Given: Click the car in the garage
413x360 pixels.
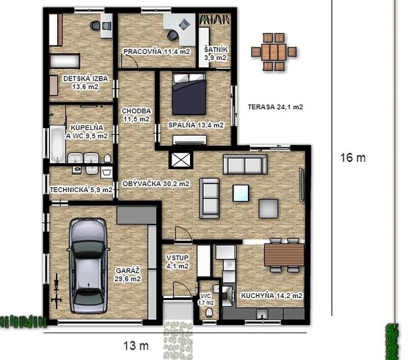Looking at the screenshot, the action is click(x=88, y=266).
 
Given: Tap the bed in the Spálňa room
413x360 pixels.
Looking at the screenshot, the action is click(x=189, y=94).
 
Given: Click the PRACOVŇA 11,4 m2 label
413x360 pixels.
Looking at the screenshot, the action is click(x=156, y=52).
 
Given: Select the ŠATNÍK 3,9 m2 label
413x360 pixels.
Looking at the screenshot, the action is click(x=215, y=54).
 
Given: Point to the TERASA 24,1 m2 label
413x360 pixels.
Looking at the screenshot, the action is click(x=275, y=107).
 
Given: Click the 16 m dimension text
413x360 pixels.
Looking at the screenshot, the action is click(x=353, y=158).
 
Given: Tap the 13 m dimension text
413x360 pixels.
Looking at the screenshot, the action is click(x=136, y=346).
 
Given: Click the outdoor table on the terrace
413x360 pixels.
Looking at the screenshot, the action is click(x=274, y=52).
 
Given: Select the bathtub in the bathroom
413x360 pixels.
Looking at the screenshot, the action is click(x=57, y=144).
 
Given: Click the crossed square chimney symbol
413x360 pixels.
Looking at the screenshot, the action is click(x=180, y=160).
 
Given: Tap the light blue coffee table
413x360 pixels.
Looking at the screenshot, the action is click(x=241, y=193).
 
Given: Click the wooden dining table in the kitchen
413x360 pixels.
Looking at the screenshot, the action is click(x=284, y=255).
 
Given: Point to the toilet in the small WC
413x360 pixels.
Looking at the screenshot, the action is click(x=209, y=313).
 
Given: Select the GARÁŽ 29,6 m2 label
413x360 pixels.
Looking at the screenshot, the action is click(x=128, y=275).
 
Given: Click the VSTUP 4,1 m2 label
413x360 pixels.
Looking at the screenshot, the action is click(x=178, y=262).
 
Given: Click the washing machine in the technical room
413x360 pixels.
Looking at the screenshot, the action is click(x=107, y=173).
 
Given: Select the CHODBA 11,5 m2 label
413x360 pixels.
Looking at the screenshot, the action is click(x=136, y=115).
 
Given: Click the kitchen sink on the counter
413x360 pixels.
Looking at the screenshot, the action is click(x=262, y=314).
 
